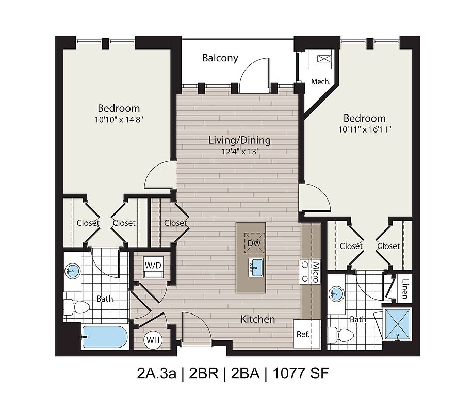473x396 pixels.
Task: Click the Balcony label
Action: click(x=220, y=58)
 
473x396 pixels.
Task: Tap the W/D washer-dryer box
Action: click(x=153, y=267)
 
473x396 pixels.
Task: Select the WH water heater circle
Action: click(x=153, y=340)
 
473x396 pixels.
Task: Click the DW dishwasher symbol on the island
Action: click(x=254, y=243)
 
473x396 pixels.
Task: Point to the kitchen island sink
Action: click(x=255, y=267)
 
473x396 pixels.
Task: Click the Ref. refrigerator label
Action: click(x=303, y=334)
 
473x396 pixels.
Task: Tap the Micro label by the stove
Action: click(x=316, y=272)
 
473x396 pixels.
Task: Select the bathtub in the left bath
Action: click(x=104, y=337)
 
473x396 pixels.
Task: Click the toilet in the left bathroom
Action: click(x=77, y=307)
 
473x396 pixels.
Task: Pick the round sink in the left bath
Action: click(x=73, y=270)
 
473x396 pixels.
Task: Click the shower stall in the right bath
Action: click(x=397, y=324)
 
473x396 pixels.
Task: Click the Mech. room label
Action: click(x=321, y=81)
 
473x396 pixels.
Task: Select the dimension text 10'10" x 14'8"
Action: click(x=119, y=120)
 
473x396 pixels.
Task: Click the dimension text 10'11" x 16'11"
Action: click(x=365, y=130)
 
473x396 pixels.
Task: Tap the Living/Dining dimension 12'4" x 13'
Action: click(x=240, y=152)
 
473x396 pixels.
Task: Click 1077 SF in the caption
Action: click(x=301, y=373)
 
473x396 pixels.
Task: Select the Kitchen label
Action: click(x=257, y=319)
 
